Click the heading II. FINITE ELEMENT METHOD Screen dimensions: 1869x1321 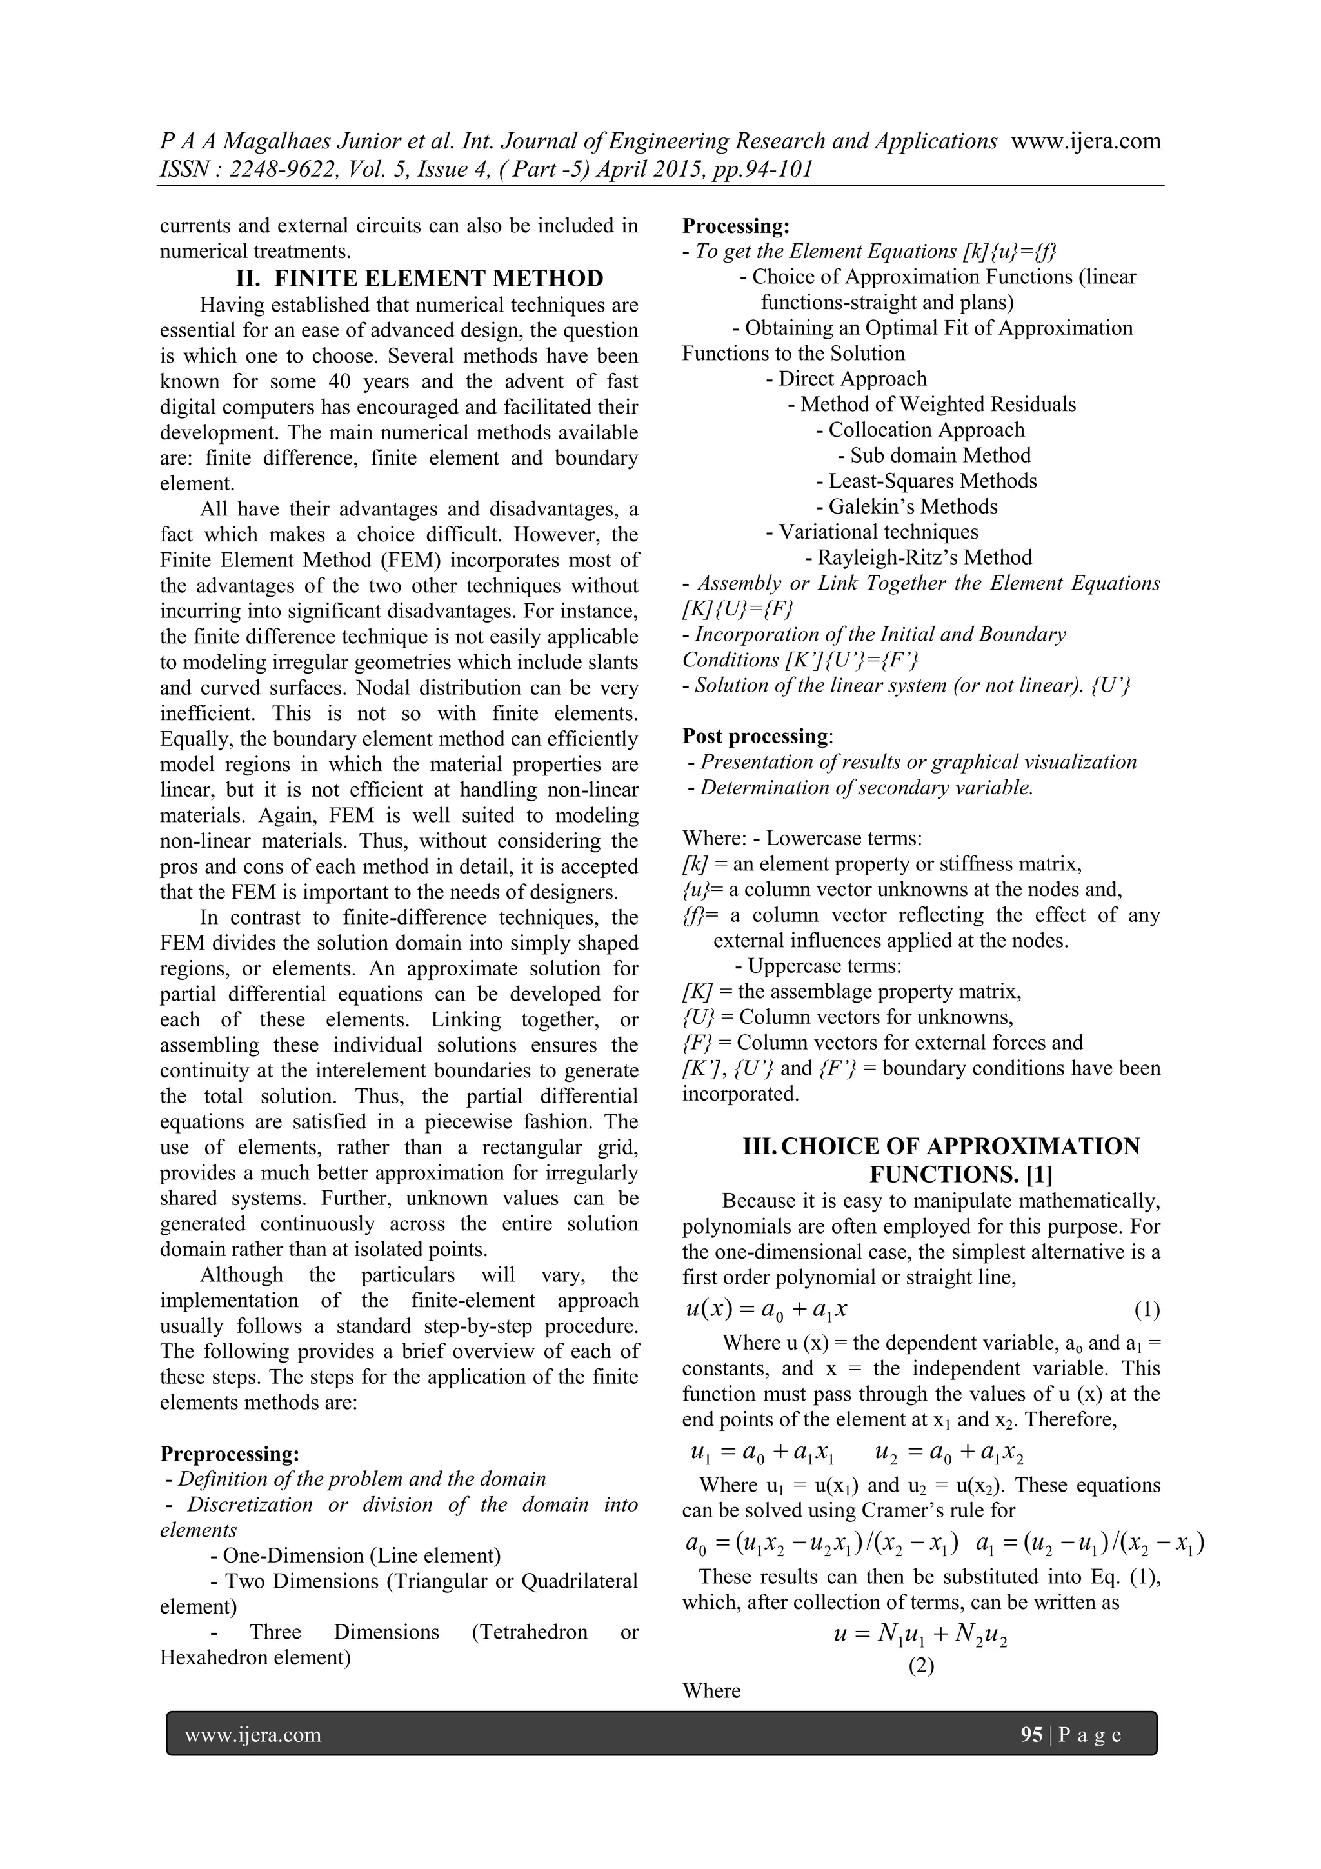click(419, 279)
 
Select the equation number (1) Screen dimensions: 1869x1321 click(1147, 1310)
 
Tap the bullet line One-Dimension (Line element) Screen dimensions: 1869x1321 click(355, 1555)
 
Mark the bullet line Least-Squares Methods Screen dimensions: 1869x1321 click(926, 481)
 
